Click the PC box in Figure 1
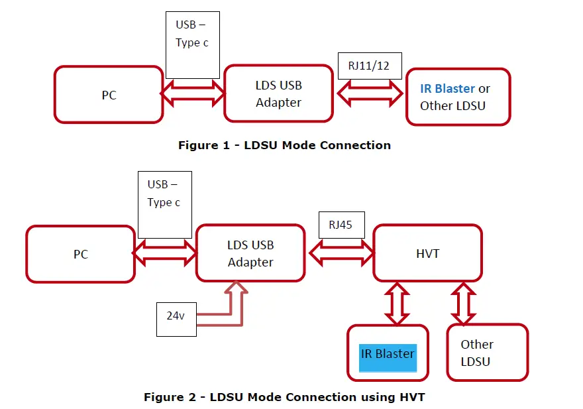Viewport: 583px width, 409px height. click(109, 95)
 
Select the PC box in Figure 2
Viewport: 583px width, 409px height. click(80, 254)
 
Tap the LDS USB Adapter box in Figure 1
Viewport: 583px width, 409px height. click(278, 93)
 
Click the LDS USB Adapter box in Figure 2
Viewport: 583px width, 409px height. click(250, 253)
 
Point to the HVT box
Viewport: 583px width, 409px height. click(427, 253)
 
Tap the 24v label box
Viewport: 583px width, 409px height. click(176, 316)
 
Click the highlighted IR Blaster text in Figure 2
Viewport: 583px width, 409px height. click(388, 354)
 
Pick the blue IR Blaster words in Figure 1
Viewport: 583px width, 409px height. click(447, 88)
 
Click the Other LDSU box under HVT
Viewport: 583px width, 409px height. click(487, 353)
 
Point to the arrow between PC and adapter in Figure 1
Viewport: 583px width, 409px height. click(193, 93)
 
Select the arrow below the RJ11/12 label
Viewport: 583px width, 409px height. click(370, 93)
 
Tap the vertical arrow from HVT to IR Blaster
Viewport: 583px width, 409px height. click(397, 303)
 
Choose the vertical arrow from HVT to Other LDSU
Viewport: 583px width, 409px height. click(464, 303)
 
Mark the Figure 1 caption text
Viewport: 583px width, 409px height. click(284, 145)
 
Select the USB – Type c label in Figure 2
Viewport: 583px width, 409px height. click(164, 194)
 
